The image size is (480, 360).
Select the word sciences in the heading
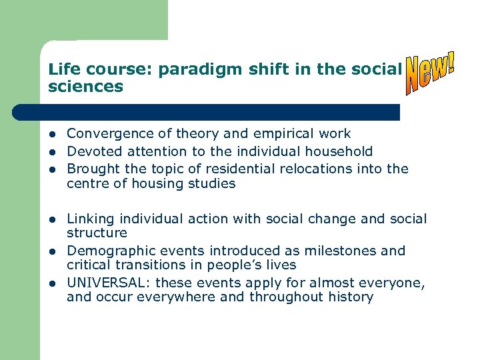click(x=85, y=87)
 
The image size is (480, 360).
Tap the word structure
click(x=97, y=233)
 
